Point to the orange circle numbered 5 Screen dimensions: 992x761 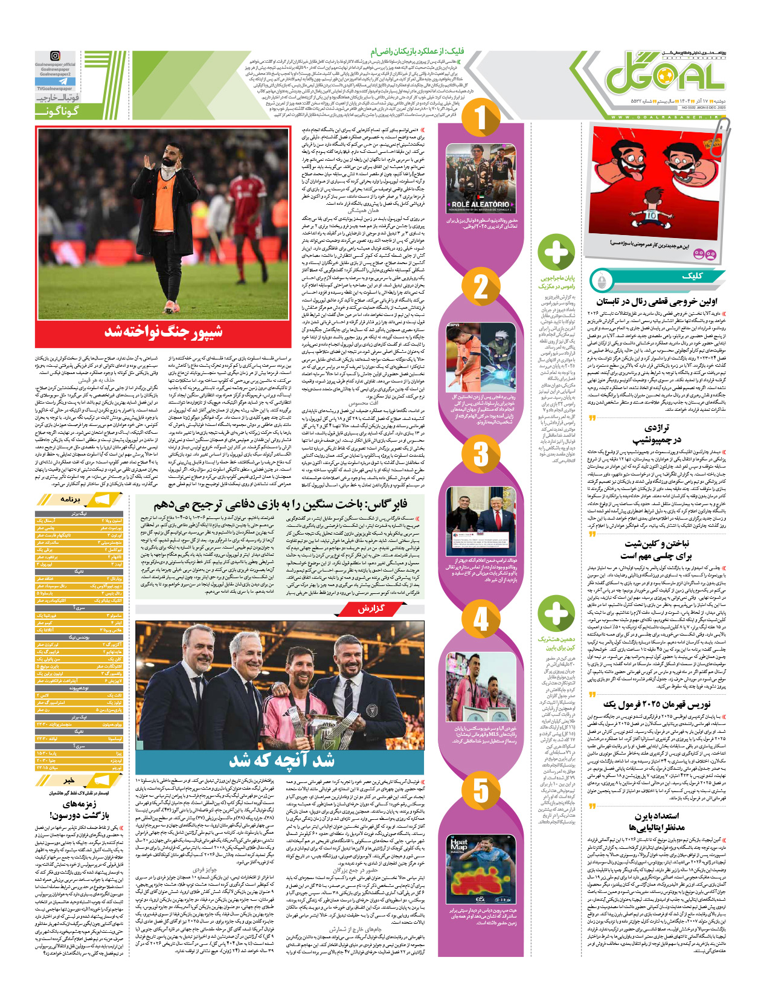coord(481,790)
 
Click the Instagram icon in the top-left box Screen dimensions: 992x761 coord(55,56)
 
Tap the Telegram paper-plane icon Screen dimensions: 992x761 coord(63,82)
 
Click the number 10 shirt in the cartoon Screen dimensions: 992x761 coord(651,214)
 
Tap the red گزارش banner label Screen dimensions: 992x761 coord(371,609)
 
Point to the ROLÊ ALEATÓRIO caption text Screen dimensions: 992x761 coord(480,205)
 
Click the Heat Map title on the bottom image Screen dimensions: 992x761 coord(459,844)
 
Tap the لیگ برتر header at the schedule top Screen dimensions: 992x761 coord(79,514)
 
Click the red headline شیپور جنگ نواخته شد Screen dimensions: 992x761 coord(164,331)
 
